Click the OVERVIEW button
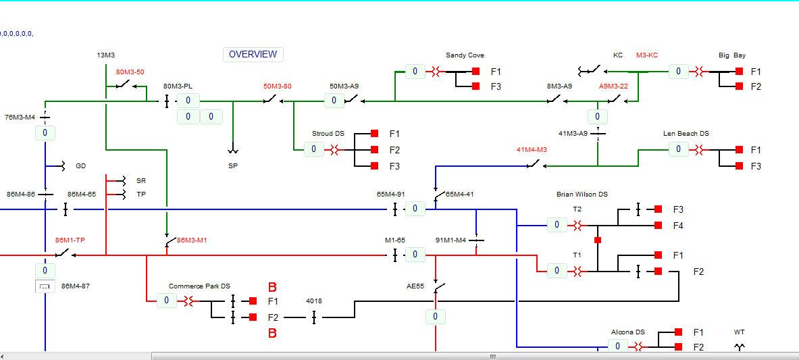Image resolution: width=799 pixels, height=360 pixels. tap(253, 55)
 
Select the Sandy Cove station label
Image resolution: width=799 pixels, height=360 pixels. tap(465, 55)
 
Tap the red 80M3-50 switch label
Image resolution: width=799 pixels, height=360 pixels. tap(130, 72)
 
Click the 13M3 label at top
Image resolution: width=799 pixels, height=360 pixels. tap(106, 55)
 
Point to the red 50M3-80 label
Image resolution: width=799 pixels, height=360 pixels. tap(277, 86)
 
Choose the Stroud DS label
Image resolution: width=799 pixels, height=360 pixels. tap(328, 134)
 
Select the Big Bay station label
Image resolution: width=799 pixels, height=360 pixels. tap(731, 55)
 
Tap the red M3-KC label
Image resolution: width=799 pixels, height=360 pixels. tap(646, 55)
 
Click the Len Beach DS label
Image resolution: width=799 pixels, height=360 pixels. tap(686, 134)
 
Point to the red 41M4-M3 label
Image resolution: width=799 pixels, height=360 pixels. tap(532, 150)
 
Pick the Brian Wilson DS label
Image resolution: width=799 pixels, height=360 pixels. tap(582, 195)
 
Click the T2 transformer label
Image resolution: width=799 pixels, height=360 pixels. tap(577, 209)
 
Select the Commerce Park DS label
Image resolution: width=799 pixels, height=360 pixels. tap(199, 286)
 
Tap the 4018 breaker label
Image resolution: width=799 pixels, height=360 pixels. tap(314, 301)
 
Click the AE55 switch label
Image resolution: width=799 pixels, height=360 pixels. tap(415, 286)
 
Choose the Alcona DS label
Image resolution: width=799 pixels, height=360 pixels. tap(627, 332)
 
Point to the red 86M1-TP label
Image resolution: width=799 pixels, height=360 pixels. tap(70, 240)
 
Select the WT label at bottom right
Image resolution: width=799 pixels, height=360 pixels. tap(739, 332)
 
